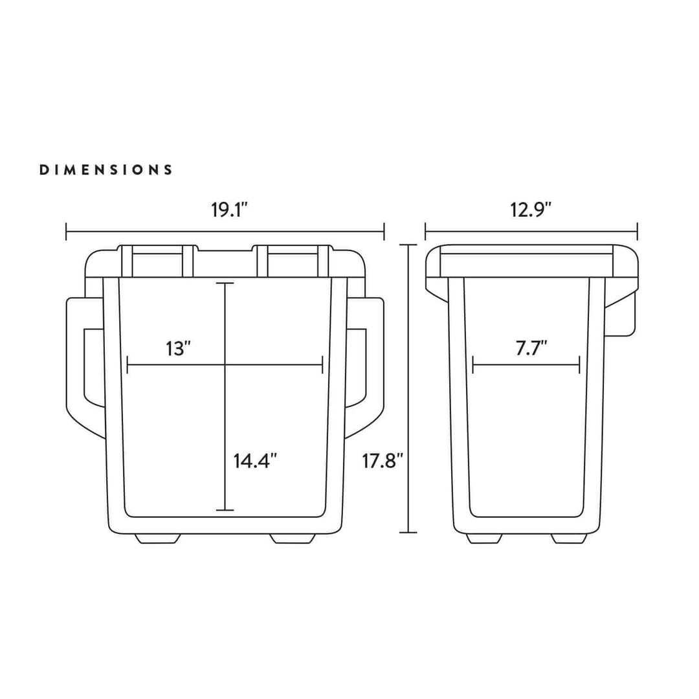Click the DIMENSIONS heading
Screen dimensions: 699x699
(106, 170)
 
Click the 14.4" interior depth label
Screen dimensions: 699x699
(256, 461)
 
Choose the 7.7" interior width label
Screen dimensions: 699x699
(532, 348)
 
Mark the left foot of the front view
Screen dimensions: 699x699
(157, 538)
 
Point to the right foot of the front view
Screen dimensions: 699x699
(293, 538)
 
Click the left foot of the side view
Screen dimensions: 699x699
(484, 538)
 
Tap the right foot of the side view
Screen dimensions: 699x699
(570, 538)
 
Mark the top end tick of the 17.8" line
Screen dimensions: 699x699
(408, 245)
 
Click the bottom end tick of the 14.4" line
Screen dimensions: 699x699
(225, 510)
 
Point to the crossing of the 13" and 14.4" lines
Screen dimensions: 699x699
(225, 366)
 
